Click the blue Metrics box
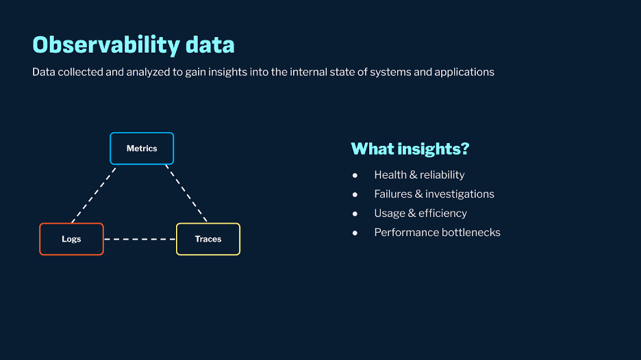tap(142, 149)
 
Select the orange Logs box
tap(71, 239)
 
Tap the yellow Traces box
tap(208, 239)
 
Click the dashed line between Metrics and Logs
tap(94, 194)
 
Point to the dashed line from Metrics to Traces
tap(186, 194)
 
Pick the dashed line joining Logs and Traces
tap(140, 239)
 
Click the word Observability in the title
tap(106, 45)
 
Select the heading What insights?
tap(410, 149)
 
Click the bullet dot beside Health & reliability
tap(355, 175)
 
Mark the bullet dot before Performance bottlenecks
tap(355, 233)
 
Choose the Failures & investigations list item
tap(434, 194)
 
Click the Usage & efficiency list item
tap(420, 214)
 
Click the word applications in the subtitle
tap(464, 73)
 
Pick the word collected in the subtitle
tap(80, 72)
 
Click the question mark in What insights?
tap(465, 149)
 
